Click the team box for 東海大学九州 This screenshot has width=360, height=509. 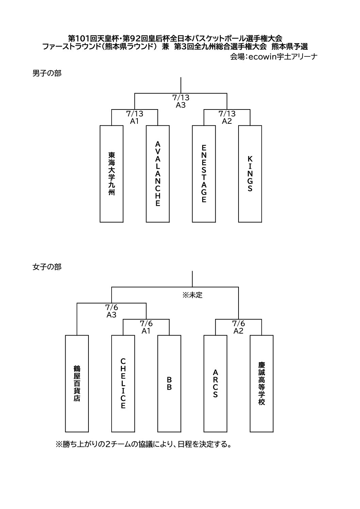click(111, 174)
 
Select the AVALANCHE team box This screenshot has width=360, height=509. click(158, 174)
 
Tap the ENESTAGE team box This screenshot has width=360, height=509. click(204, 174)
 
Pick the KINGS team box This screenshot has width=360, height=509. click(250, 174)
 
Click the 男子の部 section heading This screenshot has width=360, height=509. click(47, 73)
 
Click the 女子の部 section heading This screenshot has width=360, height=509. click(47, 267)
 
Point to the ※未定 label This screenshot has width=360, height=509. click(192, 295)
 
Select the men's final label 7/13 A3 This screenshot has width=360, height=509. click(181, 101)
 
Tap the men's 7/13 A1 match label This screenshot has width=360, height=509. click(135, 117)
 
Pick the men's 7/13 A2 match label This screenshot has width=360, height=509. click(227, 117)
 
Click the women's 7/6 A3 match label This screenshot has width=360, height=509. click(111, 311)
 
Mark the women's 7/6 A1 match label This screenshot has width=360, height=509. click(146, 327)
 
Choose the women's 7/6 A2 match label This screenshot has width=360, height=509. click(238, 327)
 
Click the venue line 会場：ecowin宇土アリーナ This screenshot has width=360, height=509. click(274, 57)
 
